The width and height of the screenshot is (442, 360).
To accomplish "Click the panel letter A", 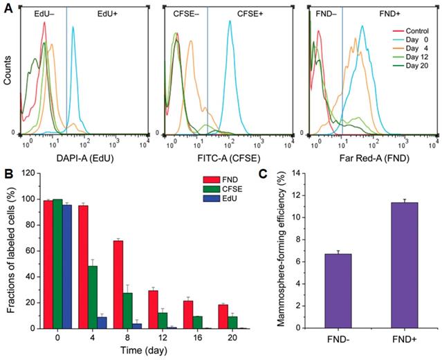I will click(x=7, y=7).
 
